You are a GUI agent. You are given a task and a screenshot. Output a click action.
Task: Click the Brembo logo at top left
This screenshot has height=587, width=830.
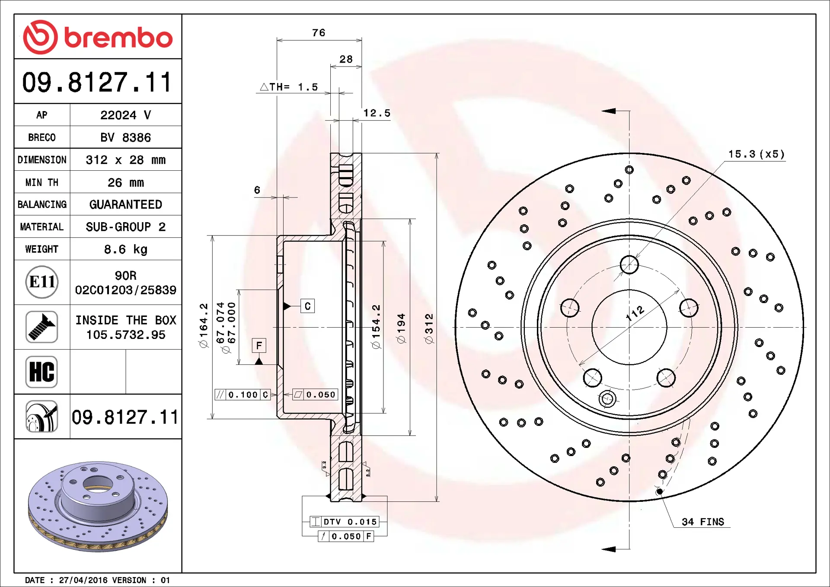(x=98, y=37)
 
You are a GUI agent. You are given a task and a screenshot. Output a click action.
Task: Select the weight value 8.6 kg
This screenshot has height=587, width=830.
(x=126, y=249)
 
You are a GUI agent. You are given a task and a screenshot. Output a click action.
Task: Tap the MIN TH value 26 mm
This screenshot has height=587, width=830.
(x=126, y=182)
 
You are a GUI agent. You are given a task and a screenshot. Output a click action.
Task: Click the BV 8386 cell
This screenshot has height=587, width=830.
(x=126, y=137)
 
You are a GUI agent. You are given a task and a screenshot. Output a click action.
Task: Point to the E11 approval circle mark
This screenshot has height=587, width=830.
(x=42, y=282)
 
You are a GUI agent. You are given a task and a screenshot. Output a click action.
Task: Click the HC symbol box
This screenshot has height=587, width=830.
(x=41, y=372)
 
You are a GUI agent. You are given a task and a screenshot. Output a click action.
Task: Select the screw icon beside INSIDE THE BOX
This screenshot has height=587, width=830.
(x=41, y=327)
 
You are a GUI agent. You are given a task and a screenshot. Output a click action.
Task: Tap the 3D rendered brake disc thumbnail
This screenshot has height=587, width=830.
(x=98, y=506)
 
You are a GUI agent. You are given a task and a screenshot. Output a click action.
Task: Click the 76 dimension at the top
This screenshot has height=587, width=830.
(x=319, y=33)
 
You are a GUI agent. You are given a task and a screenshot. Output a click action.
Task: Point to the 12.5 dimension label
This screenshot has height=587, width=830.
(x=377, y=113)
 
